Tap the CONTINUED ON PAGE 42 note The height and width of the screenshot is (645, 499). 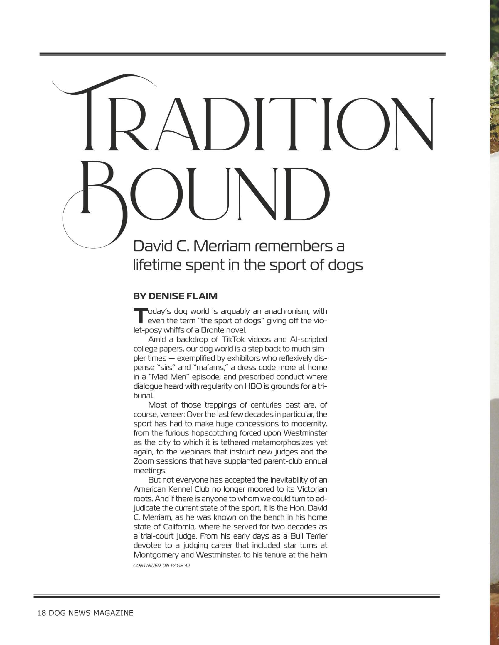(x=161, y=566)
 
